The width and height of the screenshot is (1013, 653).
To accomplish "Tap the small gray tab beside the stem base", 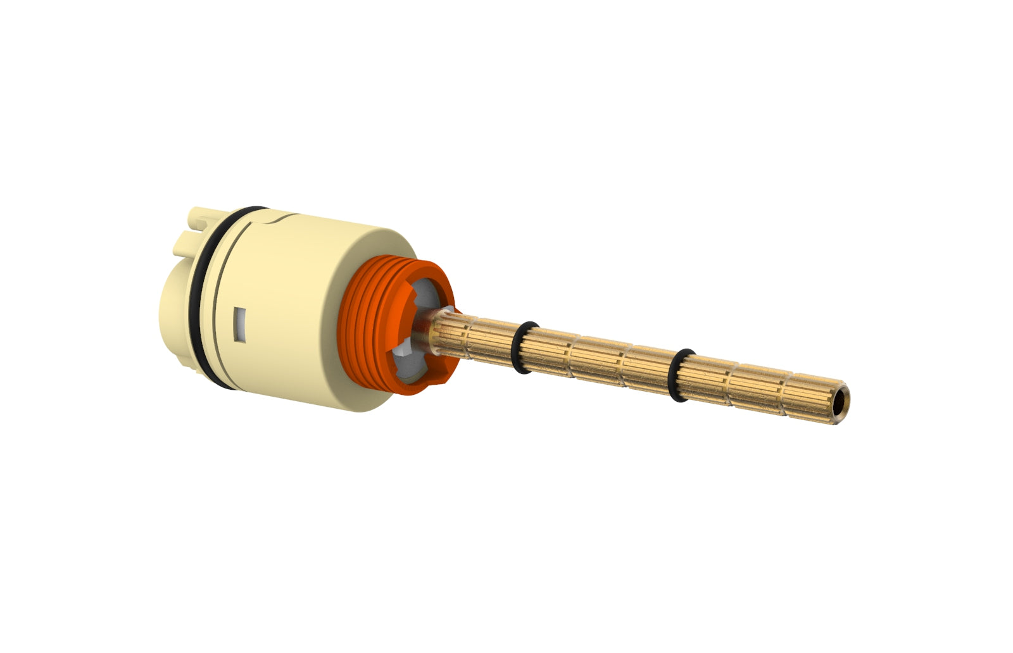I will click(449, 311).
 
